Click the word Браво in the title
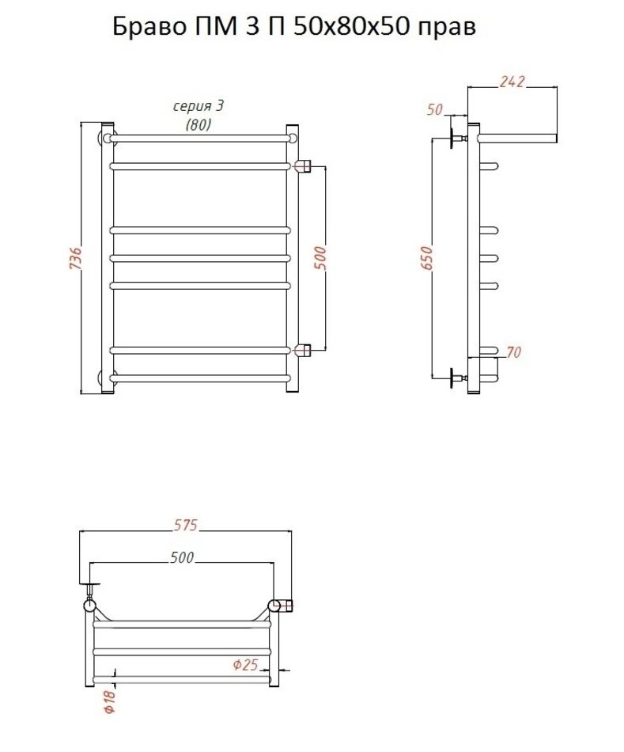coord(148,27)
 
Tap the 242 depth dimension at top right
coord(512,82)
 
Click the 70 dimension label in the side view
coord(513,352)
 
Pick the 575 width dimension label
coord(185,525)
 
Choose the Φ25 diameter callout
coord(245,665)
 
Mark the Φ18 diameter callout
coord(110,701)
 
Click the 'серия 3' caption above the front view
coord(198,107)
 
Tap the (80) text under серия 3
coord(198,125)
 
